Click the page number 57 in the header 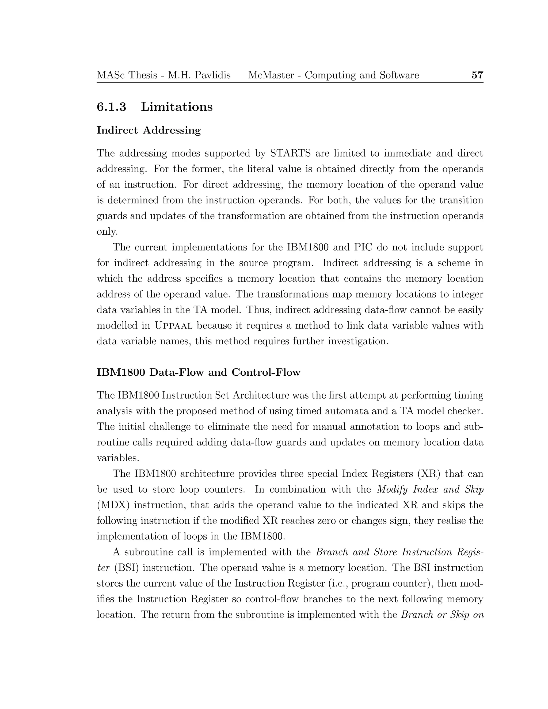pyautogui.click(x=477, y=75)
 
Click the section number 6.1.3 pyautogui.click(x=111, y=107)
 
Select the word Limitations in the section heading pyautogui.click(x=177, y=107)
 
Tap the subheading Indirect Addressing pyautogui.click(x=149, y=130)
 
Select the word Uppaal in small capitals pyautogui.click(x=173, y=326)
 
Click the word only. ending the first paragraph pyautogui.click(x=107, y=232)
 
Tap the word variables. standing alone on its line pyautogui.click(x=118, y=458)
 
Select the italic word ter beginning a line pyautogui.click(x=103, y=568)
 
